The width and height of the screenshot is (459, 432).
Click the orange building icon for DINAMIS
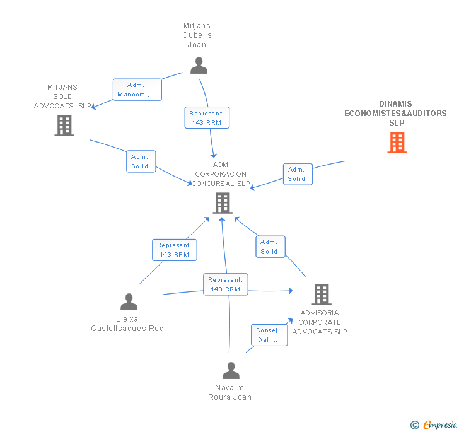click(x=397, y=143)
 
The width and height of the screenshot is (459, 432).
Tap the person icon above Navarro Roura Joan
click(x=231, y=370)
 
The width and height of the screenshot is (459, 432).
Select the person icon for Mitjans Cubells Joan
click(x=199, y=66)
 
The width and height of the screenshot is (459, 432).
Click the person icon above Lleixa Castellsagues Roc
click(x=129, y=301)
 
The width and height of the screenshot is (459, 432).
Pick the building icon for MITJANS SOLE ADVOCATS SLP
click(x=64, y=126)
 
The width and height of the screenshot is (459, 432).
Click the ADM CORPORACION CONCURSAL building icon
click(x=223, y=203)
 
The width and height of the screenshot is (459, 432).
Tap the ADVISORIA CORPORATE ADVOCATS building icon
click(x=322, y=295)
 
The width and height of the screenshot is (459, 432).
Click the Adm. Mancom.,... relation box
click(x=137, y=90)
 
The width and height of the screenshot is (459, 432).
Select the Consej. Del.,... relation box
click(x=269, y=335)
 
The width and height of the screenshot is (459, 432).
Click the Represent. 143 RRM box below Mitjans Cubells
click(x=207, y=118)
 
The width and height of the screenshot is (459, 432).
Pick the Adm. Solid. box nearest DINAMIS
click(x=298, y=174)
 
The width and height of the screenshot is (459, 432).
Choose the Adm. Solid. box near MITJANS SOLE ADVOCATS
click(x=141, y=161)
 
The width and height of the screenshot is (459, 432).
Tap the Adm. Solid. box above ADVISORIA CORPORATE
click(x=270, y=247)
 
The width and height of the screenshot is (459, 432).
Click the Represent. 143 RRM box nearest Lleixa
click(x=175, y=250)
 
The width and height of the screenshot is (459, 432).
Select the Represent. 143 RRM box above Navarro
click(x=226, y=284)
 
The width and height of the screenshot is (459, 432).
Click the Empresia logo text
click(x=440, y=424)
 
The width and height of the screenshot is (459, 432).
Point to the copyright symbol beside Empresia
click(x=415, y=425)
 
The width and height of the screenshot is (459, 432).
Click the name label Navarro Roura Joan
click(x=229, y=392)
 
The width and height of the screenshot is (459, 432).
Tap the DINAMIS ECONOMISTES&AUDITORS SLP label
click(x=395, y=113)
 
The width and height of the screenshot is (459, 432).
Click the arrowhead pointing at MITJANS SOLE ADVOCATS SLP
click(x=94, y=107)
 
